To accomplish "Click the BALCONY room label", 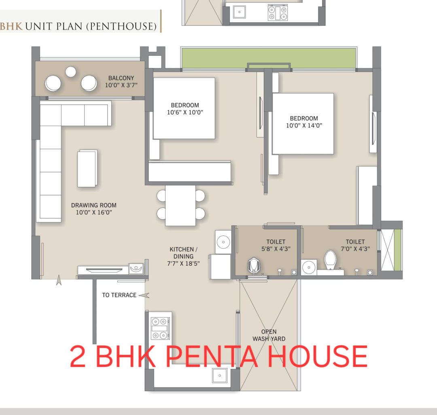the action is click(121, 78).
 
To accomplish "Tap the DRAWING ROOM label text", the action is click(93, 205).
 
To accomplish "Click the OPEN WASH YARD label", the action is click(269, 335).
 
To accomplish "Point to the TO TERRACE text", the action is click(119, 295).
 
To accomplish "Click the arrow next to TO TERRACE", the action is click(144, 295).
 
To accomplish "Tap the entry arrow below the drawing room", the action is click(59, 280).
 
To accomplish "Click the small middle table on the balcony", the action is click(71, 72).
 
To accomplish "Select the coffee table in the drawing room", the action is click(87, 169).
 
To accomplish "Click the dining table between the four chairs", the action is click(180, 205).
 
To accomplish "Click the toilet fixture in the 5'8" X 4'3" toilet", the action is click(254, 266).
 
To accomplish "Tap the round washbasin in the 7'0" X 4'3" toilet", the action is click(309, 267).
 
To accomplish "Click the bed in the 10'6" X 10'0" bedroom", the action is click(184, 108).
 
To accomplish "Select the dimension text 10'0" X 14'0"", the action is click(304, 126).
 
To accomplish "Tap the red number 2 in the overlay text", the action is click(77, 356).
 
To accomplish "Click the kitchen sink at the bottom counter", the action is click(220, 375).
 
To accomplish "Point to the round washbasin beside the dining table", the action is click(223, 242).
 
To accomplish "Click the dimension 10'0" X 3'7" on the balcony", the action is click(121, 85).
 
